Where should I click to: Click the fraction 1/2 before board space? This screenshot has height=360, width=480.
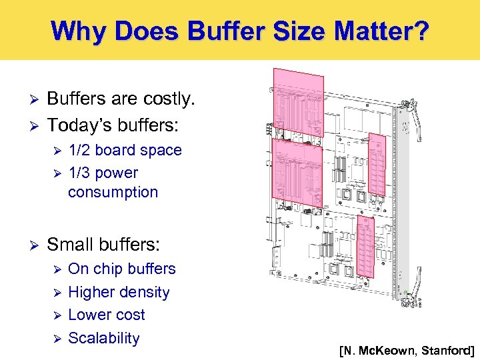81,150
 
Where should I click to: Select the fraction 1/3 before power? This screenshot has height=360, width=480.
81,173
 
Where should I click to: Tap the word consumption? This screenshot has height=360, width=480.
113,193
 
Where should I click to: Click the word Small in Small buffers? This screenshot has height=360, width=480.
70,245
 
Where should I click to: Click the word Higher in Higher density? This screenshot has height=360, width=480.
93,292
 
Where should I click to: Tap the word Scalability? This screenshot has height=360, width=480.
104,338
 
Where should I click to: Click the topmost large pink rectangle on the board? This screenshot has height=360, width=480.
298,96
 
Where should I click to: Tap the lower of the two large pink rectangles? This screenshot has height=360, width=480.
297,170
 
